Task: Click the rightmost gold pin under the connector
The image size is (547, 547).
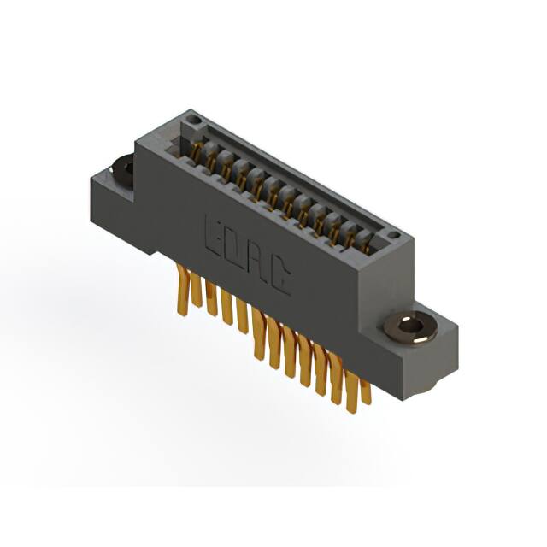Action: point(366,391)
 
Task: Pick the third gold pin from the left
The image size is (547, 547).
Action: point(211,299)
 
